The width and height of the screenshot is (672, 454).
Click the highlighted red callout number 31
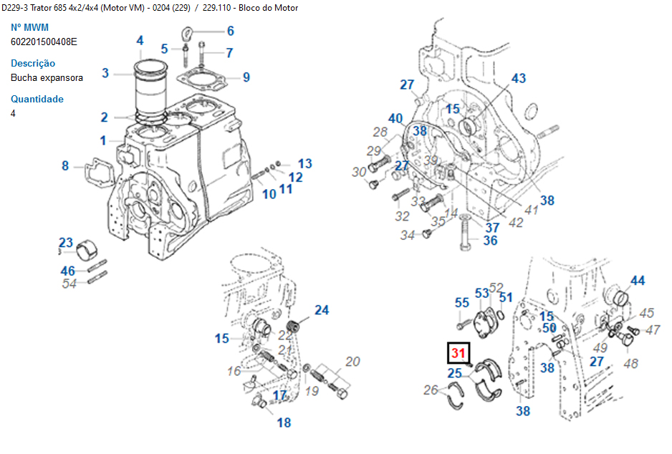(x=458, y=353)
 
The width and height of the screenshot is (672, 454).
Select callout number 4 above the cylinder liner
(x=140, y=41)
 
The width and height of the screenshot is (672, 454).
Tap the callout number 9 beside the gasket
(x=246, y=77)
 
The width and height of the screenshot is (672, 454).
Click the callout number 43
(x=518, y=78)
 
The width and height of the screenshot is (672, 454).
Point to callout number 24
(x=322, y=310)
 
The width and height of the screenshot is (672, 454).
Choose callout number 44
(x=637, y=281)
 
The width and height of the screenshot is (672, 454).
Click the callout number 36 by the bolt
(x=490, y=241)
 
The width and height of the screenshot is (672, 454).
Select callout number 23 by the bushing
(x=66, y=242)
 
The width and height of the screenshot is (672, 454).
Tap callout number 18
(x=284, y=422)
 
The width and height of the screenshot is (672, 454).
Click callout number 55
(x=462, y=303)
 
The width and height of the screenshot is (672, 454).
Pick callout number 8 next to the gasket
(x=65, y=166)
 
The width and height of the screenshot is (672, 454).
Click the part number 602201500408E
(x=44, y=42)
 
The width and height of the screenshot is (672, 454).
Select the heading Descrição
(x=33, y=63)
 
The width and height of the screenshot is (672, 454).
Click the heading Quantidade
(x=37, y=99)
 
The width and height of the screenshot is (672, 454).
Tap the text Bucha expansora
(x=47, y=77)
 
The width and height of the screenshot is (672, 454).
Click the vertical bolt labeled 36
(x=464, y=232)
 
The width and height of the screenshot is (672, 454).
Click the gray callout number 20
(x=352, y=362)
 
